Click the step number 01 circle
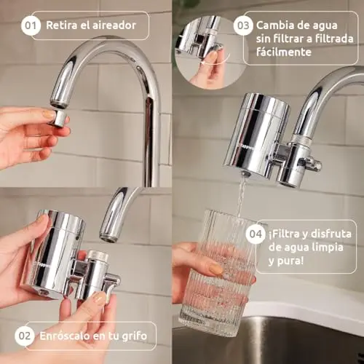click(x=31, y=25)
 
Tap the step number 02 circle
click(x=24, y=336)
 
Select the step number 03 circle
click(x=243, y=25)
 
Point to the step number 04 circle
click(x=256, y=234)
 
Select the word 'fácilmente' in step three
click(x=284, y=52)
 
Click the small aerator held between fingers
click(x=58, y=118)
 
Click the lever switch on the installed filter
click(x=312, y=164)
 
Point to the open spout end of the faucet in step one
click(x=58, y=103)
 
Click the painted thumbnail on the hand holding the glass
click(x=215, y=269)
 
